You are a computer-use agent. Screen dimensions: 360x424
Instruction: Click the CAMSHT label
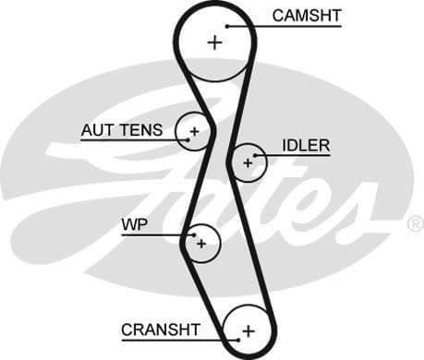tap(305, 15)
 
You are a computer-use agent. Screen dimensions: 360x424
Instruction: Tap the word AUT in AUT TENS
tap(95, 131)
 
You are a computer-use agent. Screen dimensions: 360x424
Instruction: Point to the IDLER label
tap(306, 146)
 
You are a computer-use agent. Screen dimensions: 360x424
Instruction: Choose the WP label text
tap(134, 225)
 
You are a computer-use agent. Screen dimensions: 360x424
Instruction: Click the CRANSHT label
tap(160, 330)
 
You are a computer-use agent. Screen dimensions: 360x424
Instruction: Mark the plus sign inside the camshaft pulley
tap(215, 42)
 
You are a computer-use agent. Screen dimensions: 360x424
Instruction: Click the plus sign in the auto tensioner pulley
tap(194, 133)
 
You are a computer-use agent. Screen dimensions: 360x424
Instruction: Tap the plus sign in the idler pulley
tap(247, 162)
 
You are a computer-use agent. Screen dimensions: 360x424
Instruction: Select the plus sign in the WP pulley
tap(200, 244)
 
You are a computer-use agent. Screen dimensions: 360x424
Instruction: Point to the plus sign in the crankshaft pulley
tap(248, 330)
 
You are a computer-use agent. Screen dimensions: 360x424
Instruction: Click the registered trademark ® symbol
tap(415, 223)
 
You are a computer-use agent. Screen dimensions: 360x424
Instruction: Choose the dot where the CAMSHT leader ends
tap(228, 25)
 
